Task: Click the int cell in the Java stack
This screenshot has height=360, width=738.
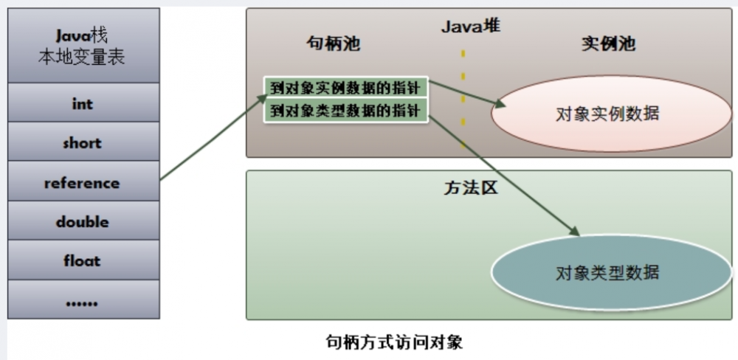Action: pyautogui.click(x=83, y=103)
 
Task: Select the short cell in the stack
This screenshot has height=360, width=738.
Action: pyautogui.click(x=83, y=142)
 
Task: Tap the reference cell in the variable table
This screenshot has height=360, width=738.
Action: pyautogui.click(x=83, y=181)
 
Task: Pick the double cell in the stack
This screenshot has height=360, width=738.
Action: pyautogui.click(x=83, y=221)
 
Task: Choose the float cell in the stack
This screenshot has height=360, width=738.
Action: pyautogui.click(x=83, y=260)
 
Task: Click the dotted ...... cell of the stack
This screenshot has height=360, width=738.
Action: pyautogui.click(x=83, y=300)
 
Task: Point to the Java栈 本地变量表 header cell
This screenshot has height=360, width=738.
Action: pyautogui.click(x=83, y=46)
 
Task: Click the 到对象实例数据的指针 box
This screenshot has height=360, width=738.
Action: pyautogui.click(x=346, y=87)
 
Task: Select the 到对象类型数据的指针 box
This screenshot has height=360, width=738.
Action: pyautogui.click(x=346, y=111)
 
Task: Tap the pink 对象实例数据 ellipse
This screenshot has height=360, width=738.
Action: pyautogui.click(x=611, y=114)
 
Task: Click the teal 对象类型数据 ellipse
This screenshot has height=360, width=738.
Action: pyautogui.click(x=611, y=272)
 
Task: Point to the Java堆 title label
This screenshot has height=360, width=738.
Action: pyautogui.click(x=471, y=27)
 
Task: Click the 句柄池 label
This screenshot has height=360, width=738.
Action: pyautogui.click(x=334, y=44)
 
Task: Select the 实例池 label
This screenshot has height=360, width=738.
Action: pyautogui.click(x=609, y=44)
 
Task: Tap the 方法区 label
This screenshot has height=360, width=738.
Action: pyautogui.click(x=471, y=188)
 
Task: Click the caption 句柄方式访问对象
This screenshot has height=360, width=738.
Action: pyautogui.click(x=394, y=342)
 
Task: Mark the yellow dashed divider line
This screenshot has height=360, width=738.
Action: pyautogui.click(x=463, y=98)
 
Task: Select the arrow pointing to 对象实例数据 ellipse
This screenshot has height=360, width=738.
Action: pyautogui.click(x=468, y=94)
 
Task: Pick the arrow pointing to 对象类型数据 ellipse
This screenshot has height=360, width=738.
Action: pyautogui.click(x=504, y=175)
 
